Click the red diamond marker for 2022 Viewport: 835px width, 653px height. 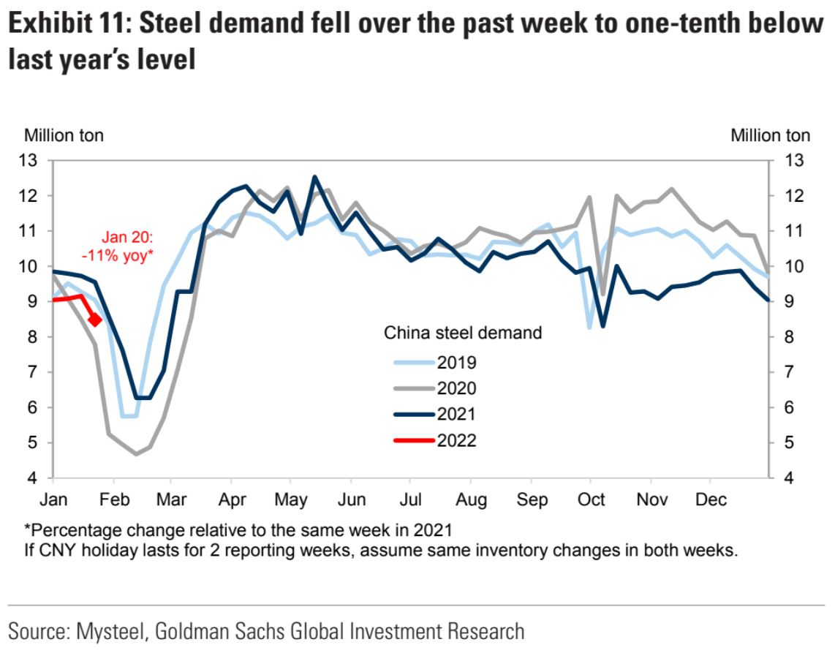pos(94,320)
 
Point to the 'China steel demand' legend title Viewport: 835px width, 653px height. pos(463,333)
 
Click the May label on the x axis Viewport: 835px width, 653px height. pos(290,499)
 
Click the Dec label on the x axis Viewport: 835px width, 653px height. pos(710,499)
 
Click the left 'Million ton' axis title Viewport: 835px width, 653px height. pos(64,135)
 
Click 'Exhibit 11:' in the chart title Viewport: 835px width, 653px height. pos(67,24)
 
